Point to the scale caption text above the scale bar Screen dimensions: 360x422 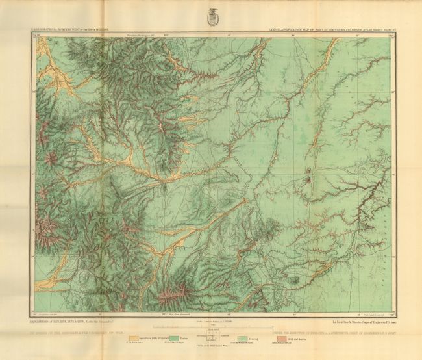210,319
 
